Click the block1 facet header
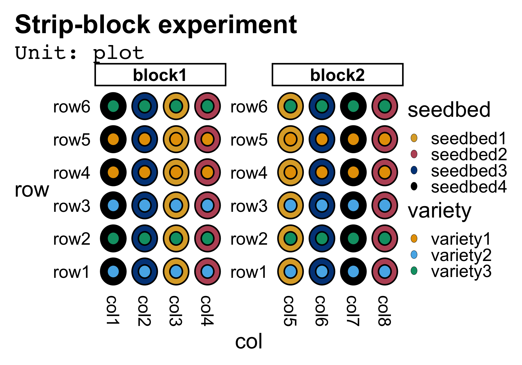click(160, 75)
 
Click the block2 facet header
click(337, 75)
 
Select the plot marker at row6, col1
click(113, 106)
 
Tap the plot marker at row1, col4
click(207, 272)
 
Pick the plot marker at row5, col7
click(353, 139)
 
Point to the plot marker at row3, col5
click(290, 205)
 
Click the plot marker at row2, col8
click(385, 238)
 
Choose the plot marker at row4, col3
click(176, 172)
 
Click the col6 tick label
click(322, 311)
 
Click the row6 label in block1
click(72, 107)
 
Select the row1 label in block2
click(248, 272)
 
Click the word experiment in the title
click(228, 25)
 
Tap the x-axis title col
click(248, 341)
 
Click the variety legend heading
click(439, 211)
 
